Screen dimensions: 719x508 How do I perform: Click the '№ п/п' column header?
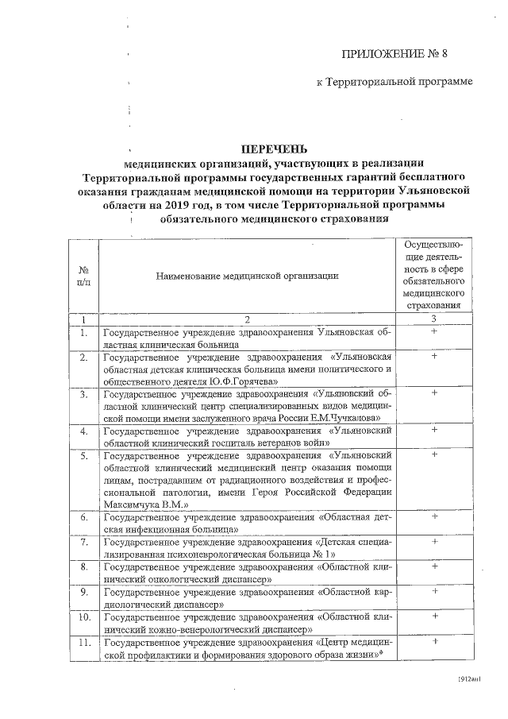tap(83, 275)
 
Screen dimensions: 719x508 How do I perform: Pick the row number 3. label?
tap(83, 393)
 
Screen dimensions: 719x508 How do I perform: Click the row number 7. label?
tap(83, 542)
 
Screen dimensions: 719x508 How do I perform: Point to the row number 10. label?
tap(83, 616)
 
